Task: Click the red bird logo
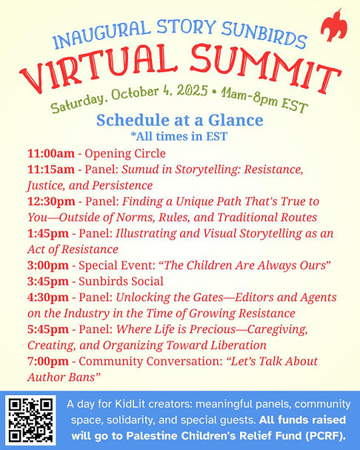[x=333, y=27]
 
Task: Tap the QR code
[x=30, y=420]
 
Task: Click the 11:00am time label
[x=51, y=153]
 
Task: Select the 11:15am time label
[x=51, y=169]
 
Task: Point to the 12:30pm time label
[x=51, y=201]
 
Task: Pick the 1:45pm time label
[x=48, y=234]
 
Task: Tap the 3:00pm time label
[x=48, y=266]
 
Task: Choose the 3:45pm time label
[x=48, y=281]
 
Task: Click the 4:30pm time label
[x=48, y=298]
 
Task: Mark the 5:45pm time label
[x=48, y=329]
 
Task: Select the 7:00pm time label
[x=48, y=361]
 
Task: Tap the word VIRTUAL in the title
[x=98, y=67]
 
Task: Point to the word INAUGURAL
[x=102, y=34]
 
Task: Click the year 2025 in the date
[x=192, y=91]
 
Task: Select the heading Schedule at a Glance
[x=180, y=120]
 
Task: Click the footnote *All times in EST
[x=179, y=136]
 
